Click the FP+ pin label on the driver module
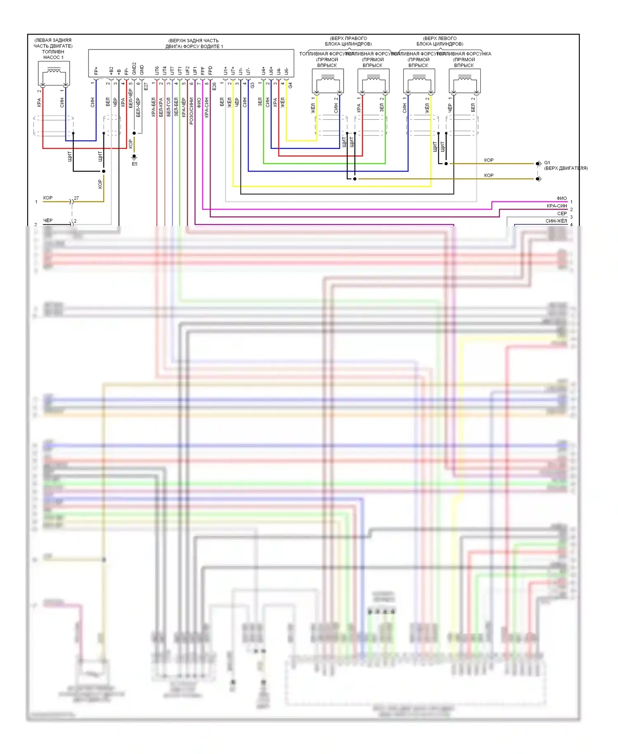pyautogui.click(x=96, y=71)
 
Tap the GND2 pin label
pyautogui.click(x=134, y=68)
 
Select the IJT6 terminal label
pyautogui.click(x=157, y=71)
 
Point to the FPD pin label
pyautogui.click(x=210, y=71)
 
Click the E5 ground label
pyautogui.click(x=135, y=164)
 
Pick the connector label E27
pyautogui.click(x=146, y=86)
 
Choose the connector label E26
pyautogui.click(x=214, y=86)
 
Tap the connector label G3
pyautogui.click(x=252, y=85)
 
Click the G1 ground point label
pyautogui.click(x=547, y=163)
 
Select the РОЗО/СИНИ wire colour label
pyautogui.click(x=191, y=111)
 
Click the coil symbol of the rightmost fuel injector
pyautogui.click(x=465, y=78)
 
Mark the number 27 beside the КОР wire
pyautogui.click(x=76, y=198)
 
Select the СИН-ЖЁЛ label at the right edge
pyautogui.click(x=556, y=221)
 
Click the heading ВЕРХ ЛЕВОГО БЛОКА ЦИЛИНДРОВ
pyautogui.click(x=440, y=41)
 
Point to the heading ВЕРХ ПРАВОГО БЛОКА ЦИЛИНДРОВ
pyautogui.click(x=348, y=41)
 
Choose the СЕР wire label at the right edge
pyautogui.click(x=562, y=214)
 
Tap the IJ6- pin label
pyautogui.click(x=286, y=71)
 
